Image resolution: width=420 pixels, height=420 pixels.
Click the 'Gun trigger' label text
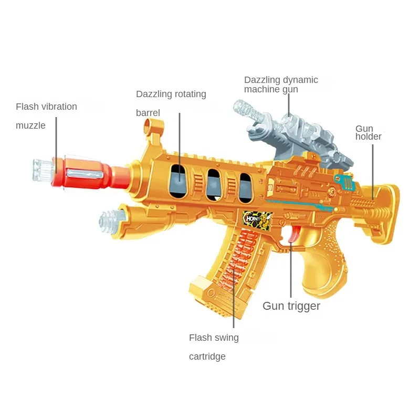(291, 306)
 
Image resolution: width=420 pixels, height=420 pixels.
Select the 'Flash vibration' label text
(46, 107)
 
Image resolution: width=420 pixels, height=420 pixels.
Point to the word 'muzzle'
(30, 125)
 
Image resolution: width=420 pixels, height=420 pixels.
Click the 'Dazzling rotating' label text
(171, 94)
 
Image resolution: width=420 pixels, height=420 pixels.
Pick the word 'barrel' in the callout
(148, 113)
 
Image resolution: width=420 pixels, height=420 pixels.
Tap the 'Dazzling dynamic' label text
(281, 80)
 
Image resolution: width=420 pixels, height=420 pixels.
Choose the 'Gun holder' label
(368, 132)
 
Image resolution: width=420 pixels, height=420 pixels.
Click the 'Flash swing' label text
(214, 338)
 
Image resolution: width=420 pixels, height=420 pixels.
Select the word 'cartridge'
(207, 356)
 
